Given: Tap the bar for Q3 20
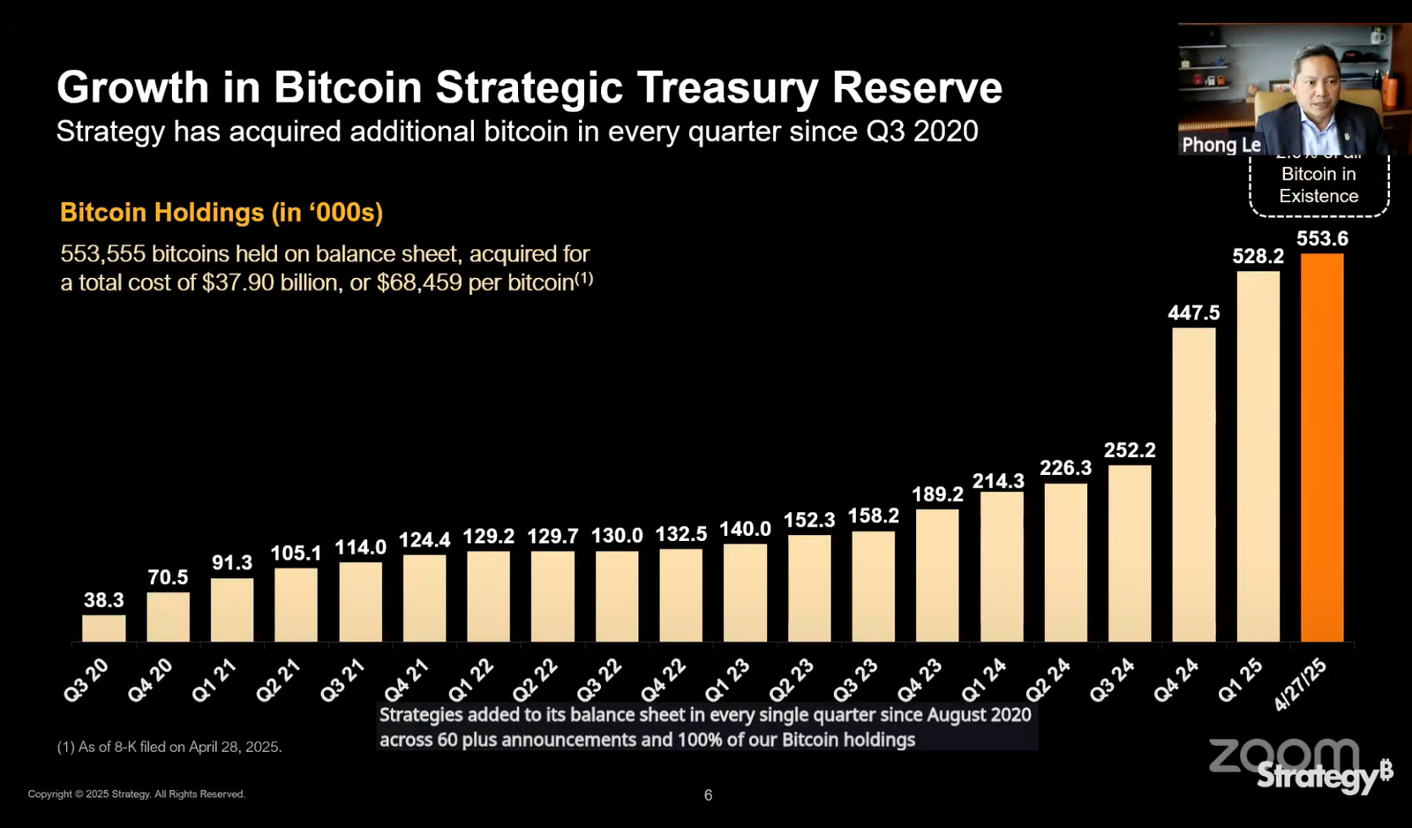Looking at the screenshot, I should point(103,628).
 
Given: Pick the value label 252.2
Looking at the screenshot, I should point(1130,450).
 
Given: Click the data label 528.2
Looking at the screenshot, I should point(1258,256).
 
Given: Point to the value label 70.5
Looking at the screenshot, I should point(168,577).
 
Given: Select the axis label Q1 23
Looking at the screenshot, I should point(728,680).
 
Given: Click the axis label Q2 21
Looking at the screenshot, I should point(279,680).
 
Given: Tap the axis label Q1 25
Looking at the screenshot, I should point(1241,680).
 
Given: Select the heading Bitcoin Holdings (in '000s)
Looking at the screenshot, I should point(221,213).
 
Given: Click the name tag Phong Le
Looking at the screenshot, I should point(1221,145).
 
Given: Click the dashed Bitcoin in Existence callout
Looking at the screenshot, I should point(1318,185).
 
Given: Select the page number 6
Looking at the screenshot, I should point(708,795).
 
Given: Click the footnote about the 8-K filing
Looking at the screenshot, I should point(169,747).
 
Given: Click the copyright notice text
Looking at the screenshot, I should point(136,794).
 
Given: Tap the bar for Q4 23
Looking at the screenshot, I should point(937,575).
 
